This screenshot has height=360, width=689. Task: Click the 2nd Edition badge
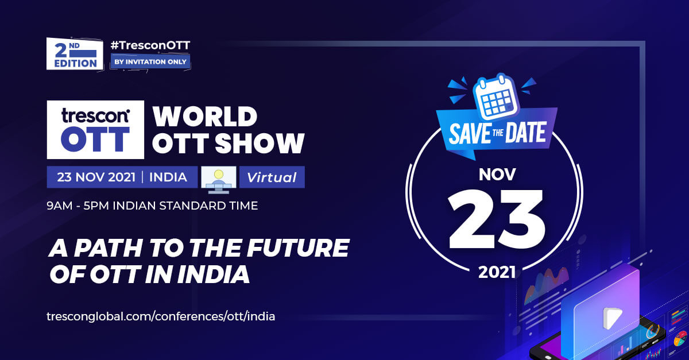point(75,54)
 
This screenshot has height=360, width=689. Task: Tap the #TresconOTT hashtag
point(150,45)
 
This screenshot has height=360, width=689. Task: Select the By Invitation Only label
point(150,61)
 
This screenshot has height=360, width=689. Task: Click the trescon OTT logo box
point(95,130)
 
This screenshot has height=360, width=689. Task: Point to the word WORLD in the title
point(205,117)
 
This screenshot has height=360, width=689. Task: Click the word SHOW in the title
point(260,143)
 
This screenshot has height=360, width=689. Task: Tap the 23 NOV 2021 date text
point(96,177)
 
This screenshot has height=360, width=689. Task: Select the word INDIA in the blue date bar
point(168,177)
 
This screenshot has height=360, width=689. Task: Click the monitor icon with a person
point(218,180)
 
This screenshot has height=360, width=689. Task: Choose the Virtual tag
point(272,177)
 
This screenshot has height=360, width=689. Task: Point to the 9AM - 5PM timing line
point(152,206)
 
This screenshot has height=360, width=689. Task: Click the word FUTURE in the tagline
point(298,248)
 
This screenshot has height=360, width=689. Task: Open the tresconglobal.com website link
point(161,316)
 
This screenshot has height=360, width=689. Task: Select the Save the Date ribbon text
point(497,133)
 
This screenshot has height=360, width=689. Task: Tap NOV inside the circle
point(497,175)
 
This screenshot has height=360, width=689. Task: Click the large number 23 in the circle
point(497,218)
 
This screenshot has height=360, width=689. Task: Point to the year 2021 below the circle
point(497,272)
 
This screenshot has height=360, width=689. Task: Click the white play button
point(612,318)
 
